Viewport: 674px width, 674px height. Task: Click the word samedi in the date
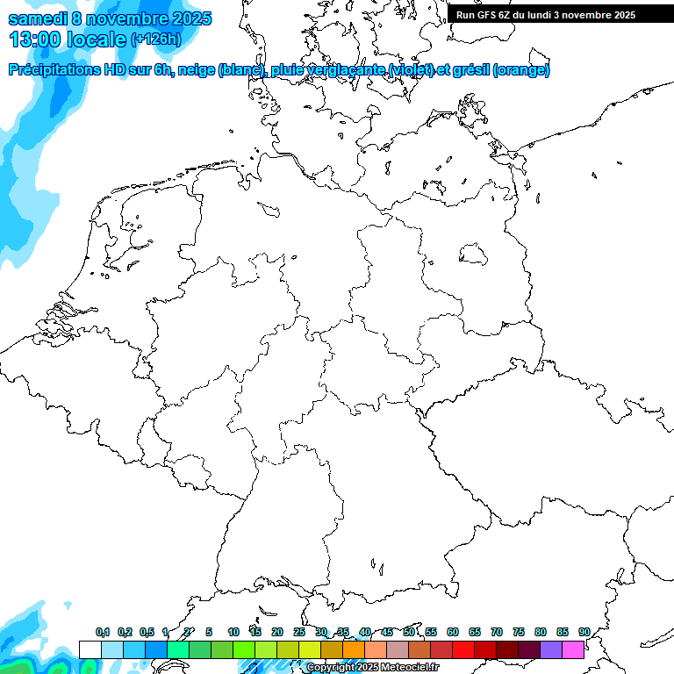pyautogui.click(x=39, y=18)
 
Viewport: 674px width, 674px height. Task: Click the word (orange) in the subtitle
pyautogui.click(x=521, y=70)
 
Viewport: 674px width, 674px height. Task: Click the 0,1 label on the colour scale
pyautogui.click(x=103, y=633)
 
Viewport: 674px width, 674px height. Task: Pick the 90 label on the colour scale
pyautogui.click(x=584, y=633)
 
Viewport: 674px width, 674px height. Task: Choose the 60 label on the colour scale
pyautogui.click(x=453, y=633)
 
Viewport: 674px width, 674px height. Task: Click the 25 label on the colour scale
pyautogui.click(x=299, y=633)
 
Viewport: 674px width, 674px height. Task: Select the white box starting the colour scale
pyautogui.click(x=90, y=649)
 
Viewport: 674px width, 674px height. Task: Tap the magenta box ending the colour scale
pyautogui.click(x=573, y=649)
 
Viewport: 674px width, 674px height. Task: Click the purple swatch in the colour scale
pyautogui.click(x=551, y=649)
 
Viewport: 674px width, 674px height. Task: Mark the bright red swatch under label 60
pyautogui.click(x=463, y=649)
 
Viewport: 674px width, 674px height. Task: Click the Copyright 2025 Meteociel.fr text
pyautogui.click(x=372, y=668)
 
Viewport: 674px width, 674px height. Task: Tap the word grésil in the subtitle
pyautogui.click(x=468, y=70)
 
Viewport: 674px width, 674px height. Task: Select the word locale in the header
pyautogui.click(x=97, y=39)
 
